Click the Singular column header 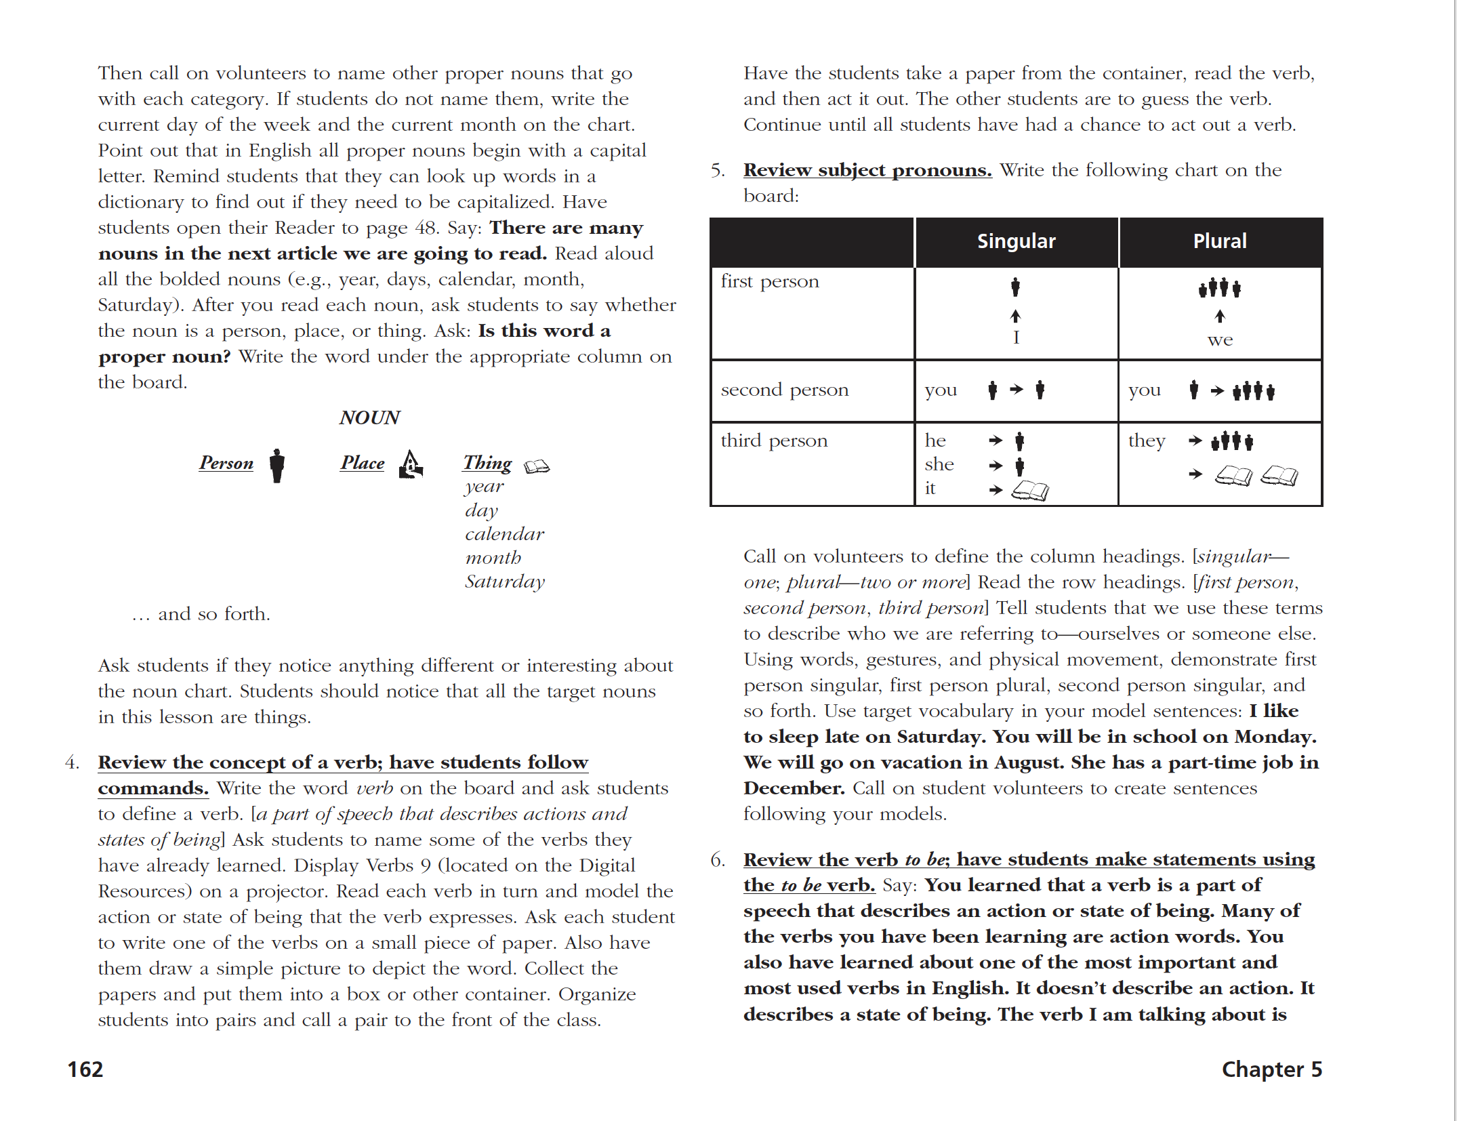[x=1016, y=241]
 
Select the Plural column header [x=1219, y=241]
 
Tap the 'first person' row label [x=770, y=281]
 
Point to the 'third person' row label [x=774, y=441]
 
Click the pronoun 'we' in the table [x=1220, y=340]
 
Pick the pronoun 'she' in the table [x=939, y=464]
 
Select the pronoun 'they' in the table [x=1147, y=441]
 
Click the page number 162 [x=85, y=1069]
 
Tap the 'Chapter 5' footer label [x=1271, y=1069]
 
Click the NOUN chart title [x=370, y=417]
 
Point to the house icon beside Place [x=411, y=464]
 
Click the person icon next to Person [x=276, y=465]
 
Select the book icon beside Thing [x=537, y=466]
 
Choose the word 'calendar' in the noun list [x=504, y=534]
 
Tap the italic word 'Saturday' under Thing [x=505, y=582]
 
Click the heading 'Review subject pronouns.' [x=867, y=170]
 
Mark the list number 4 [x=72, y=762]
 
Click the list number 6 [x=718, y=860]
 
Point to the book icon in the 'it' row [x=1030, y=491]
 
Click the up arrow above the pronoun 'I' [x=1015, y=316]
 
